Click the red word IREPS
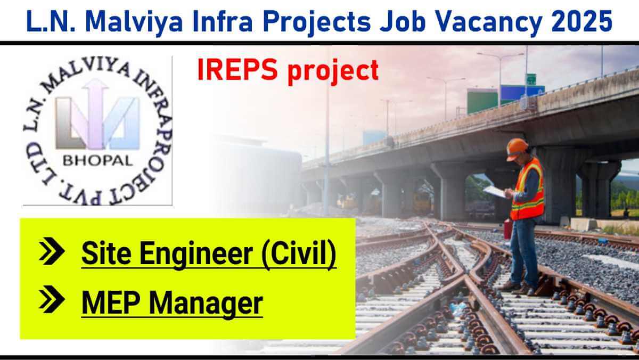pos(237,69)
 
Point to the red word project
pos(333,71)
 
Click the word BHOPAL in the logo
pos(98,161)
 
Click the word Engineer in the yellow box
pos(196,254)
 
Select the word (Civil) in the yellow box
pos(299,254)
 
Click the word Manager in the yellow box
pos(206,304)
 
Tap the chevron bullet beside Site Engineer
pos(52,251)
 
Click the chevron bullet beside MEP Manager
pos(52,299)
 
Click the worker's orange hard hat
pos(517,149)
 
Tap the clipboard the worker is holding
pos(495,191)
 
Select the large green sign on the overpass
pos(482,101)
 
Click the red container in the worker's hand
pos(508,229)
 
